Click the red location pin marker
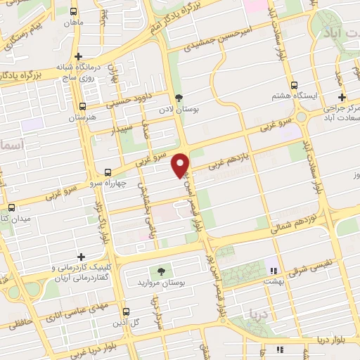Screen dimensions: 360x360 point(181,165)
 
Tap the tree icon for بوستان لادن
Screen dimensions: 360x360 point(178,98)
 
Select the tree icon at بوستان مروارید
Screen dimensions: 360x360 point(162,271)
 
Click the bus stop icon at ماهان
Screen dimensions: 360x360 point(75,11)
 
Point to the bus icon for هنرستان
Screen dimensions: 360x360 point(83,107)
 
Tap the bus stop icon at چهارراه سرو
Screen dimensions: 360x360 point(108,172)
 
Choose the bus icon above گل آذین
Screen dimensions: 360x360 point(126,311)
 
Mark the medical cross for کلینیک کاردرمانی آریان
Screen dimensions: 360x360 point(82,257)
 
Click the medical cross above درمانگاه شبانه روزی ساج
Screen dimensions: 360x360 point(78,56)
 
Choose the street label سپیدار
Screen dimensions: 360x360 point(123,129)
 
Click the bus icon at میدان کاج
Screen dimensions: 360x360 point(11,207)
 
